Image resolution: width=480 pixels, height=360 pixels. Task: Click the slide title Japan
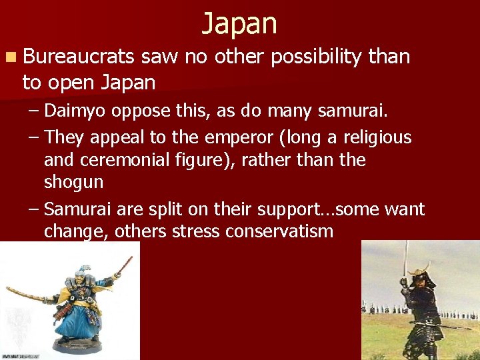(239, 23)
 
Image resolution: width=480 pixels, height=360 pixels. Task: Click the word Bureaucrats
(81, 57)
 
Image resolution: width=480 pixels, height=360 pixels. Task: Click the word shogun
(73, 183)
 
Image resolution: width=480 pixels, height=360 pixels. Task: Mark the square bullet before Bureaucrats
(11, 57)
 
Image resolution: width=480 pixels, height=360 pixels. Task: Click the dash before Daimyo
(33, 111)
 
